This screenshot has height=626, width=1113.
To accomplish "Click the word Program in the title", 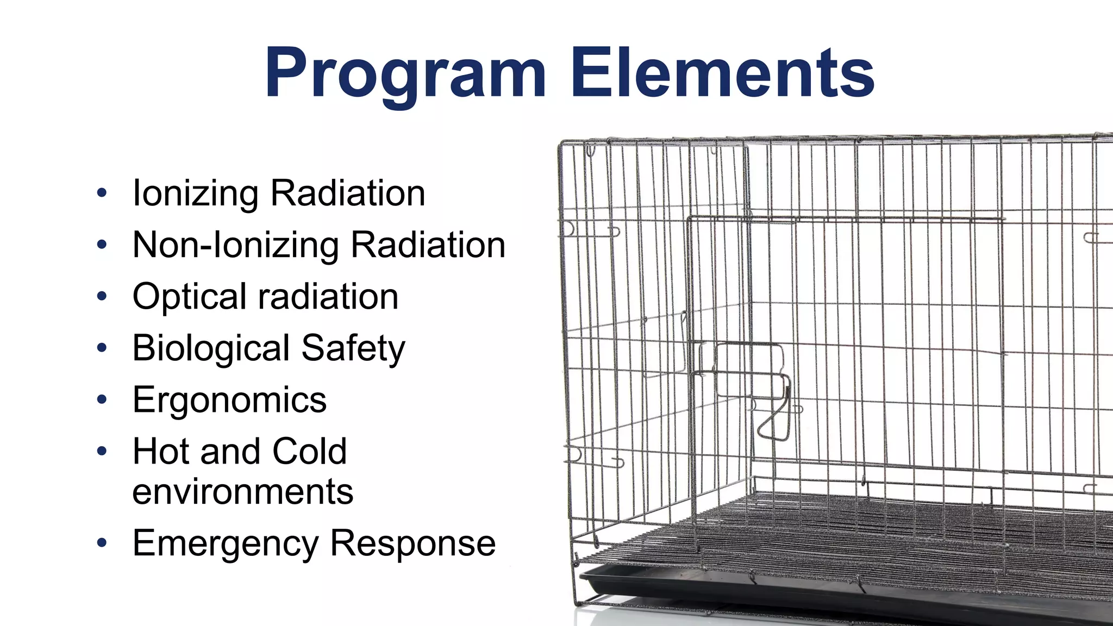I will point(405,73).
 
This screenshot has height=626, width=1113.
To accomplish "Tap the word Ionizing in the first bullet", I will point(196,193).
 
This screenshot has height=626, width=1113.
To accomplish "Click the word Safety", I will point(353,348).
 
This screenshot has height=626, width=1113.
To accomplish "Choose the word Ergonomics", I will point(229,400).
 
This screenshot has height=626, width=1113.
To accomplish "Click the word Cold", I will point(309,451).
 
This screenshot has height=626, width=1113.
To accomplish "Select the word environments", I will point(242,491).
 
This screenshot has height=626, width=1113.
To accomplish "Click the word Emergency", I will point(226,543).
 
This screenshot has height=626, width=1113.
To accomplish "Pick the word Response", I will point(413,543).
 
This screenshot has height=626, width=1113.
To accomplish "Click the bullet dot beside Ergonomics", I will point(102,400).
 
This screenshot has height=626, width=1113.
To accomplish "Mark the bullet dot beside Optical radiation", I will point(102,296).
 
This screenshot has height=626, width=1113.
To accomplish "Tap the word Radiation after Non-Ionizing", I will point(428,245).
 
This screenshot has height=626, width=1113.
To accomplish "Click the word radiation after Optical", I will point(328,297).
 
